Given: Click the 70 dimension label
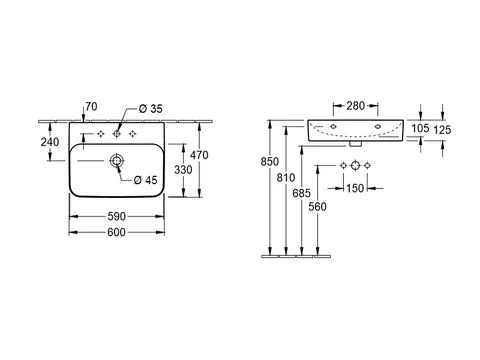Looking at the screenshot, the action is tap(91, 107).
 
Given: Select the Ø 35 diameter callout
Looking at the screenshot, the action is tap(151, 109).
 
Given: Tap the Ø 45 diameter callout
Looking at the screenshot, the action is tap(145, 180).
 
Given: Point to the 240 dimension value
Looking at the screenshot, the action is tap(50, 142).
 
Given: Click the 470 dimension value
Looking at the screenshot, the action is tap(199, 155).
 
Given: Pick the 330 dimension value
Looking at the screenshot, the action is tap(183, 170).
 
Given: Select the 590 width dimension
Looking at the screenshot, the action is tap(116, 216).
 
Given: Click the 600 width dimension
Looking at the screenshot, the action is tap(116, 232).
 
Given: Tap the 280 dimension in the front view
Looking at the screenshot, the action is tap(356, 106).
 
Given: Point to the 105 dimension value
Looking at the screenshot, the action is tap(420, 128).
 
